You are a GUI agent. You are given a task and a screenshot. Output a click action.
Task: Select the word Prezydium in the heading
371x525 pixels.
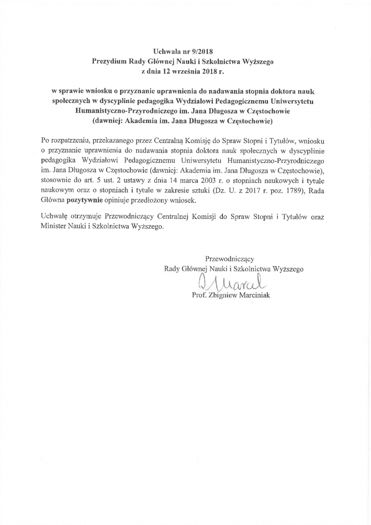(109, 61)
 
